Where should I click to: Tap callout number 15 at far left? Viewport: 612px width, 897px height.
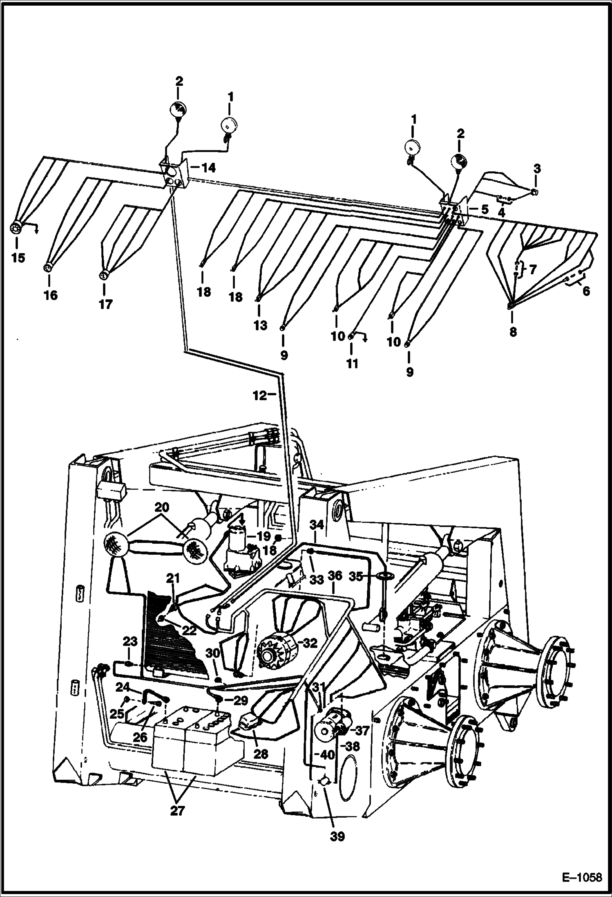coord(18,258)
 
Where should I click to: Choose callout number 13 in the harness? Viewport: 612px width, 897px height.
coord(260,325)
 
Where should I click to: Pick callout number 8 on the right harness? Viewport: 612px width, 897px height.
coord(513,332)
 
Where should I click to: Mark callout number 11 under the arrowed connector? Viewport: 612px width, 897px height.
coord(352,363)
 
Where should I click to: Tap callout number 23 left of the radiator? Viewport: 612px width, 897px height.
coord(130,641)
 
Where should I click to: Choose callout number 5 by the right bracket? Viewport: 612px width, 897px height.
coord(484,209)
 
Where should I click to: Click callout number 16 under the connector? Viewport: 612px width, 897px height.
coord(51,295)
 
